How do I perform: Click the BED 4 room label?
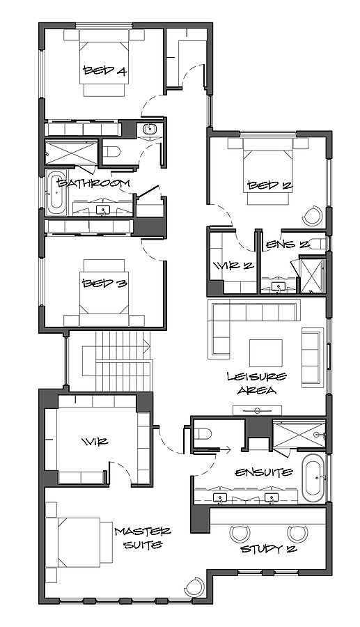105,70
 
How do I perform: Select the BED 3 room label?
104,283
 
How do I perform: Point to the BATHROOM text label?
94,183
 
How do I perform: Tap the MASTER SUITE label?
143,537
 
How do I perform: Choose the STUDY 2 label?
268,549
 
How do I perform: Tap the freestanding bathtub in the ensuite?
312,479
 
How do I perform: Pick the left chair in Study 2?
240,534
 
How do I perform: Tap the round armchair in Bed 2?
314,216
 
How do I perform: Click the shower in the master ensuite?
299,436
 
